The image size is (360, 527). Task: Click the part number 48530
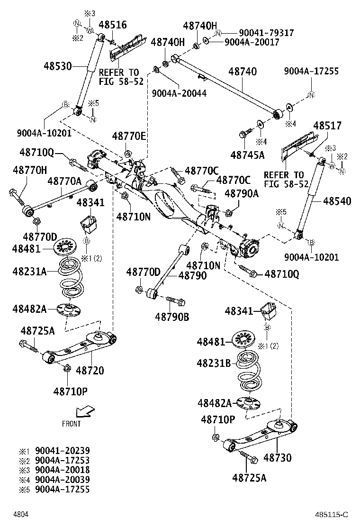pyautogui.click(x=59, y=66)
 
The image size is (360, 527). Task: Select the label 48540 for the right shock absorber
pyautogui.click(x=337, y=201)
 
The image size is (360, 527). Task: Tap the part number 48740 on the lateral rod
pyautogui.click(x=243, y=72)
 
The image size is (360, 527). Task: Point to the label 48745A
pyautogui.click(x=247, y=154)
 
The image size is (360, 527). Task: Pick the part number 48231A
pyautogui.click(x=29, y=271)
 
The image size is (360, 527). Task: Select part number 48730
pyautogui.click(x=277, y=458)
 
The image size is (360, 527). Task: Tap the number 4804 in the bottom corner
pyautogui.click(x=20, y=514)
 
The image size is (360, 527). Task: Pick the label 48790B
pyautogui.click(x=172, y=317)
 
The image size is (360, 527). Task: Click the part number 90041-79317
pyautogui.click(x=266, y=33)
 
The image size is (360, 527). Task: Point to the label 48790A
pyautogui.click(x=242, y=193)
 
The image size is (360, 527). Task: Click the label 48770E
pyautogui.click(x=129, y=136)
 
